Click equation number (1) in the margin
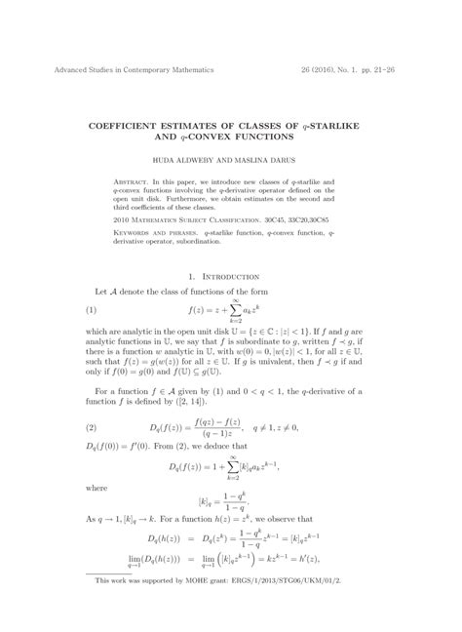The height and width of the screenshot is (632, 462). click(x=92, y=311)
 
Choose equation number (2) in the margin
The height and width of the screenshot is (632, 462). click(x=92, y=427)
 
